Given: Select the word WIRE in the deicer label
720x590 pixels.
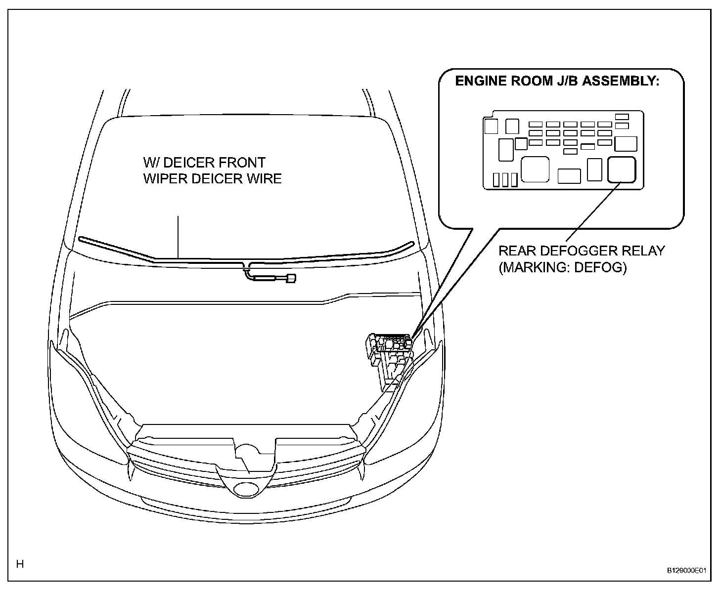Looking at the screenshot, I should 265,178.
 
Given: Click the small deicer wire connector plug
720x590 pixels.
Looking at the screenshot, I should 291,279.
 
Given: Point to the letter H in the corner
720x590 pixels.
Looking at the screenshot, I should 20,564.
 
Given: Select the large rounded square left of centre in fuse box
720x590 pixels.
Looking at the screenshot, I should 535,169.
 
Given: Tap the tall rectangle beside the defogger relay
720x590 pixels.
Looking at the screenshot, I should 594,169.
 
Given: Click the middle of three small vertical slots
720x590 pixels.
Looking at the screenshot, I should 505,179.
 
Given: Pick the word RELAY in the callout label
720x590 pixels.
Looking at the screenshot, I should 643,251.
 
